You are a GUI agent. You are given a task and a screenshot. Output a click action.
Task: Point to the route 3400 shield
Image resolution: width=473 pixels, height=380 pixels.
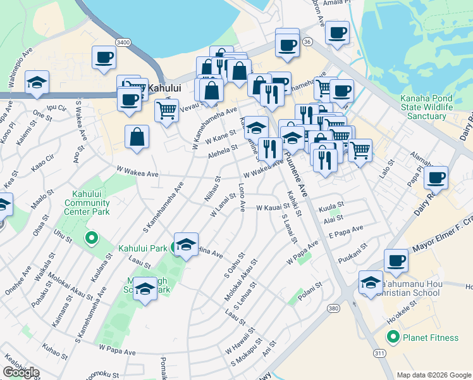(x=123, y=42)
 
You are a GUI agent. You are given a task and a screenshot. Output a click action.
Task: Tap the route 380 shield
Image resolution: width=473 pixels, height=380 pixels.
(x=334, y=308)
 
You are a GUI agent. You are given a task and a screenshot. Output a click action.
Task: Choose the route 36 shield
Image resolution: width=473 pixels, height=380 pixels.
(x=307, y=41)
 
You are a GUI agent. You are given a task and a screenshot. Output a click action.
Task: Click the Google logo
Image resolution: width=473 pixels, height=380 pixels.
(x=21, y=372)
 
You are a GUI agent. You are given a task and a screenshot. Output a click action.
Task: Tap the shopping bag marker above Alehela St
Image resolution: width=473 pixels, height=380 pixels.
(x=137, y=136)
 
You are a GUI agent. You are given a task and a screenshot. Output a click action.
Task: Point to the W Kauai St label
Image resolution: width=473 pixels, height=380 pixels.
(x=273, y=207)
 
